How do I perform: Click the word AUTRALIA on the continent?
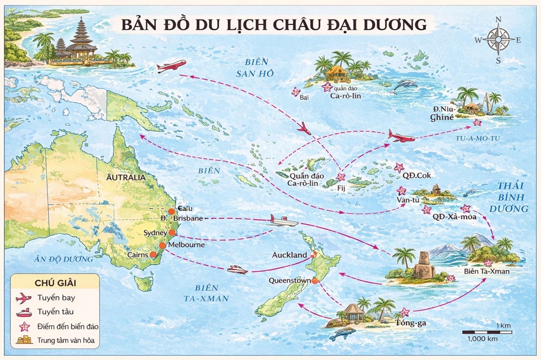126,177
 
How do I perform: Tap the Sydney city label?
156,232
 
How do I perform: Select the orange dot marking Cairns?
153,255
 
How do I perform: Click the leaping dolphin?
406,85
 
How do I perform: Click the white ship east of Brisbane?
283,221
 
